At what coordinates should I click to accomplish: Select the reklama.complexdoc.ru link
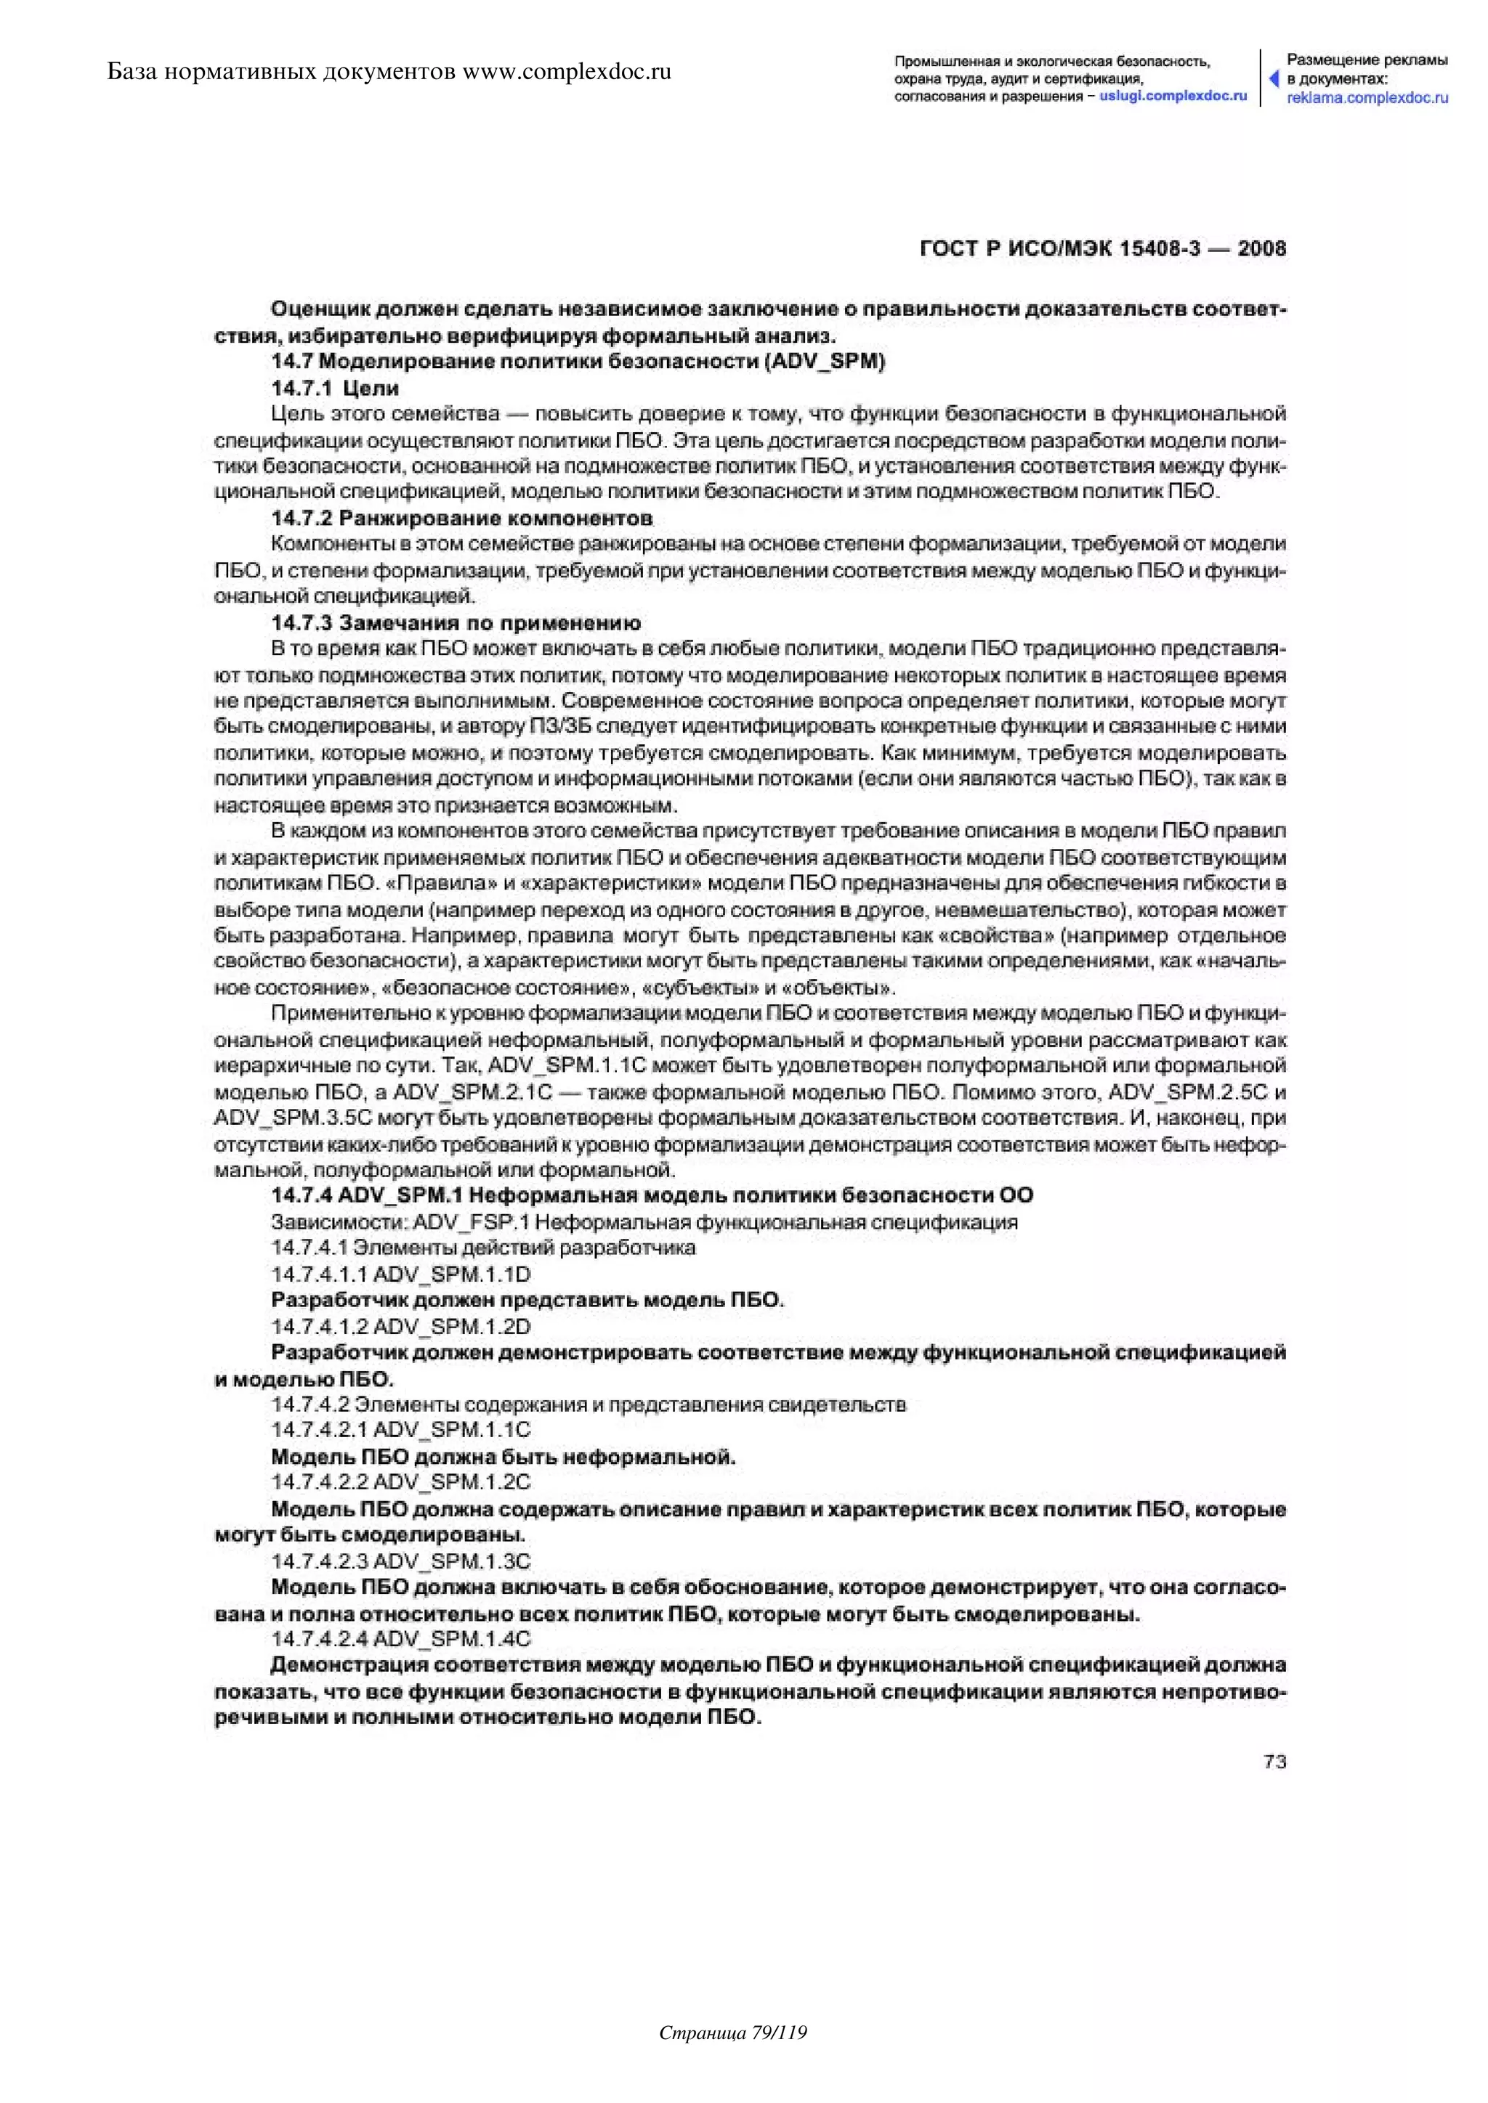(1367, 98)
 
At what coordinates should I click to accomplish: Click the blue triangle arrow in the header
(1274, 78)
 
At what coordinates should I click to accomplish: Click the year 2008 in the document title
(1262, 249)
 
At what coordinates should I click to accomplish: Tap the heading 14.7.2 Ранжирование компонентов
(462, 518)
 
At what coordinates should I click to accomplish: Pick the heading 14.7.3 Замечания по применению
(456, 623)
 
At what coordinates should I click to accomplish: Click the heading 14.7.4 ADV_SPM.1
(652, 1195)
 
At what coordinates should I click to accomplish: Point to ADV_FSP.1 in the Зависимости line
(471, 1222)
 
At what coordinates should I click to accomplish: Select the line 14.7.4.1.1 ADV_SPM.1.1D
(400, 1274)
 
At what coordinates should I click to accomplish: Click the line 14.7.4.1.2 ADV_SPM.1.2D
(400, 1326)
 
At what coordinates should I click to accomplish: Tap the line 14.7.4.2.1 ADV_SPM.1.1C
(400, 1430)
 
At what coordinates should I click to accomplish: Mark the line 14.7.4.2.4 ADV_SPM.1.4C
(400, 1639)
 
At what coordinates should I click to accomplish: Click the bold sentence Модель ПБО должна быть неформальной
(503, 1457)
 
